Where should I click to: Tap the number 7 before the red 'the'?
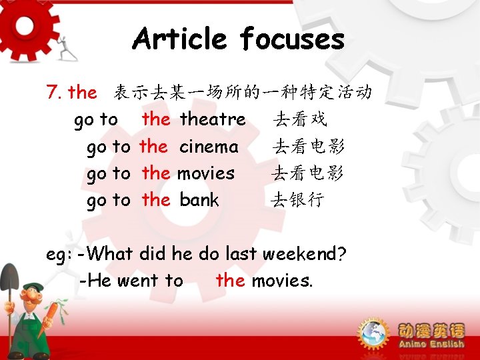tap(53, 92)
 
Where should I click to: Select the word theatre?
tap(213, 119)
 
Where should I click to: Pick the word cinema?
tap(209, 146)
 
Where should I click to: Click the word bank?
tap(199, 199)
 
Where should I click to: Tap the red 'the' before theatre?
tap(156, 119)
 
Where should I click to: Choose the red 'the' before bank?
tap(156, 199)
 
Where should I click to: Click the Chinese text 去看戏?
tap(300, 120)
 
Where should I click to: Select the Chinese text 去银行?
tap(297, 200)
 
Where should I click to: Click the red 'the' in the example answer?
tap(230, 281)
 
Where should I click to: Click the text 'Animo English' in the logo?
tap(431, 344)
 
